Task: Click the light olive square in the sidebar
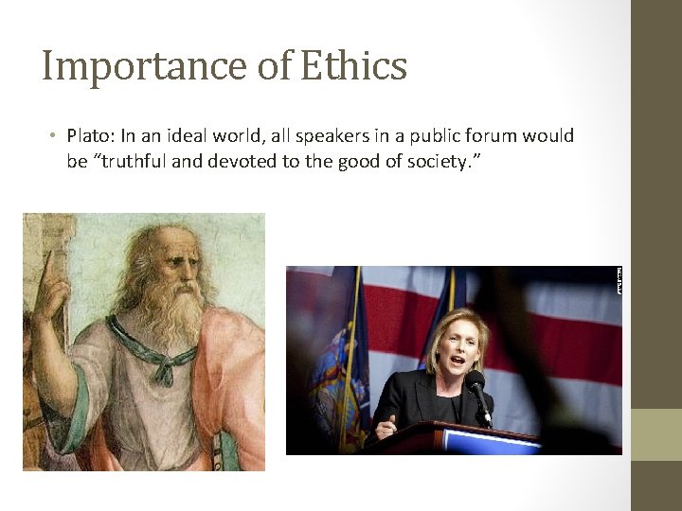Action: [655, 434]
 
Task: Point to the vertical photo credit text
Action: [618, 281]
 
